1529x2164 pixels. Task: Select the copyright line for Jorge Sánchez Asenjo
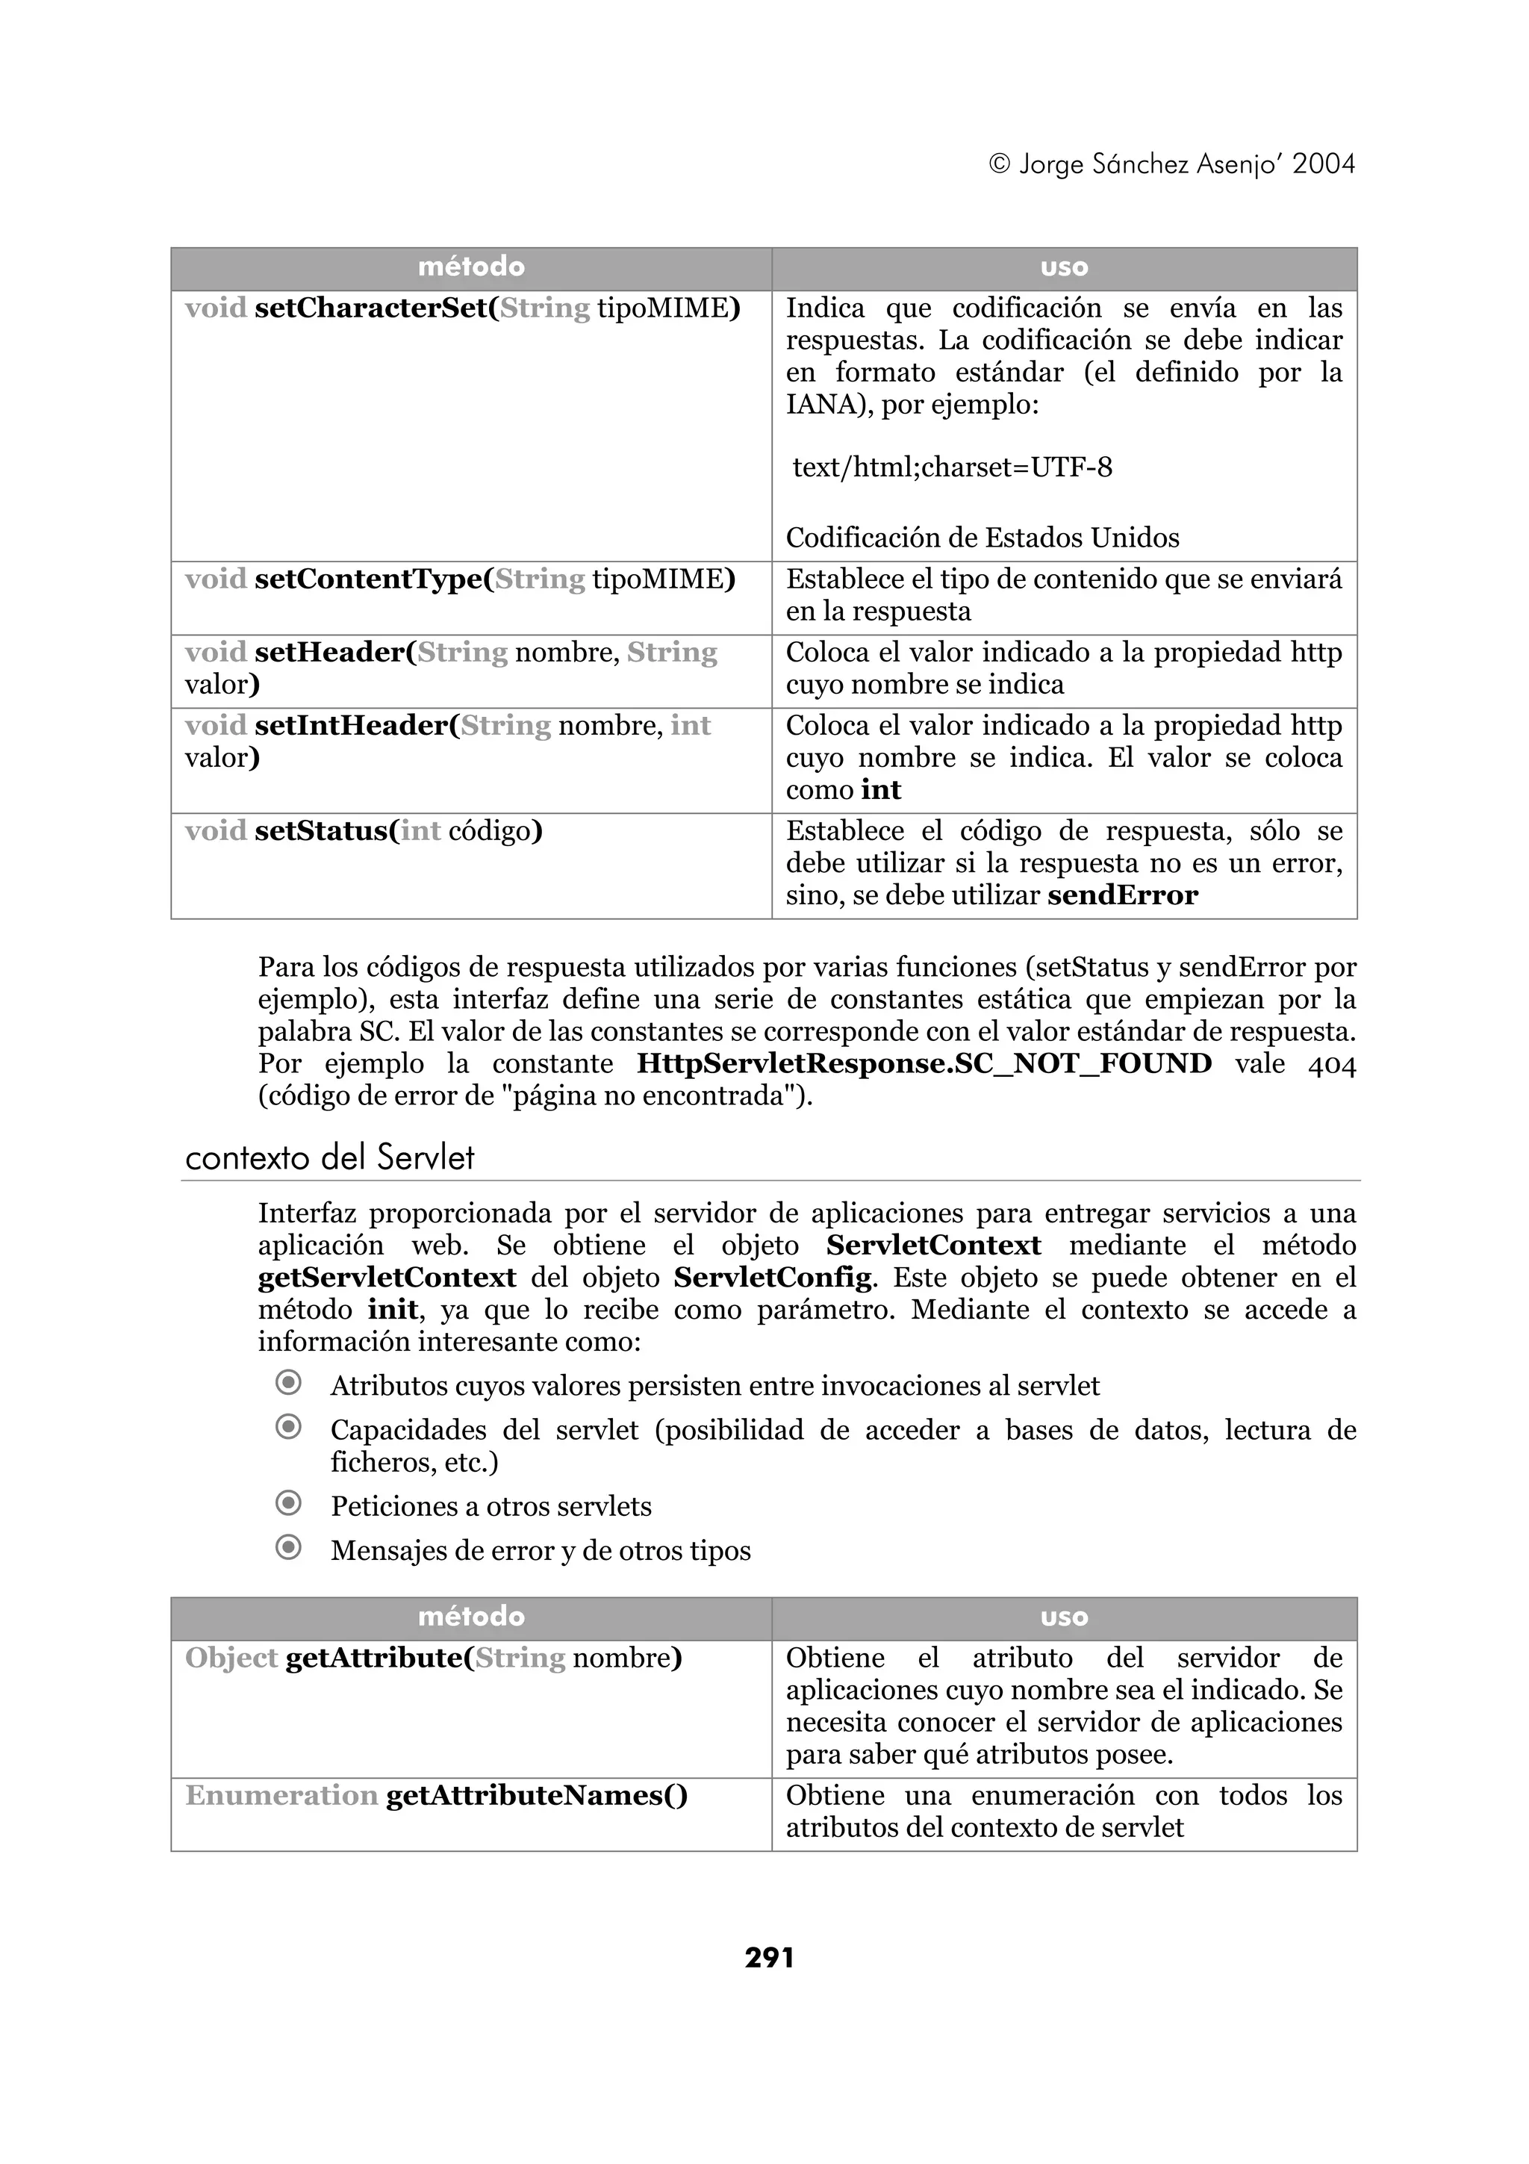(x=1171, y=165)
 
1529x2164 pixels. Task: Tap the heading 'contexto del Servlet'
(x=330, y=1157)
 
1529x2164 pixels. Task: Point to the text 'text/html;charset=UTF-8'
(x=951, y=467)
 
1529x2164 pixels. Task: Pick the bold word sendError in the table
(x=1122, y=895)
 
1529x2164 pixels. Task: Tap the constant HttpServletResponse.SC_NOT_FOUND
(x=924, y=1064)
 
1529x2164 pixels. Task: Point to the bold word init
(x=392, y=1310)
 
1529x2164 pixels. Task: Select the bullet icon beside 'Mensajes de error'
(x=288, y=1548)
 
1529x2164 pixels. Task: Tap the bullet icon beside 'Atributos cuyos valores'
(x=288, y=1383)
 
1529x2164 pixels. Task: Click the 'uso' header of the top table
(x=1064, y=267)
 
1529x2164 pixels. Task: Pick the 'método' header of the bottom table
(x=471, y=1617)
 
